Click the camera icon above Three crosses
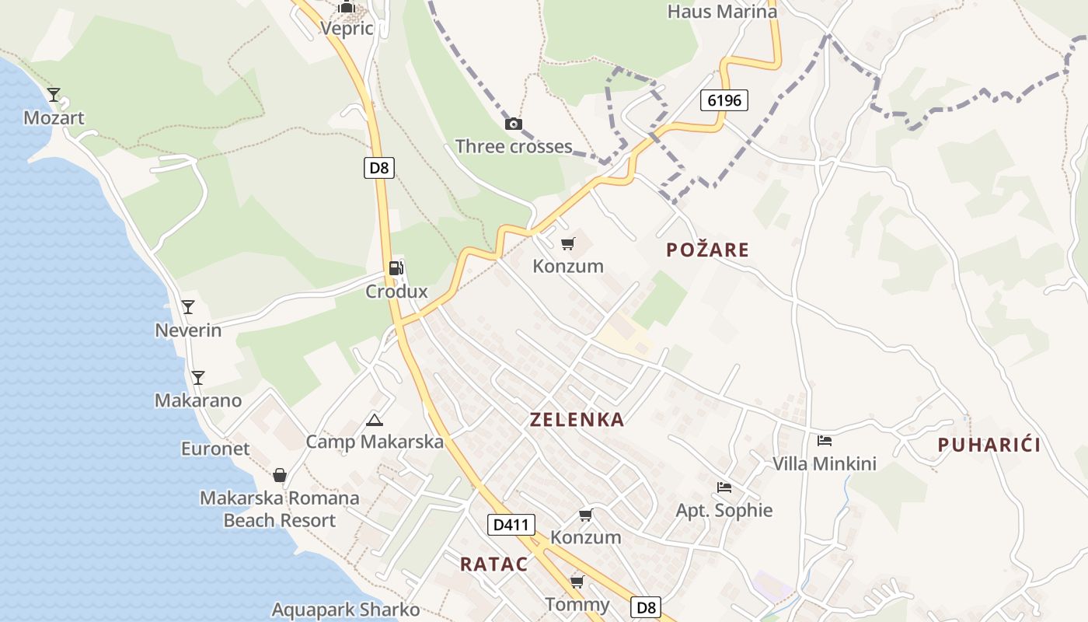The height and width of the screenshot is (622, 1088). [513, 124]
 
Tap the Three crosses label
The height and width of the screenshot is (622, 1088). [514, 146]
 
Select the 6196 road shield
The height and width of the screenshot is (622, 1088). [724, 100]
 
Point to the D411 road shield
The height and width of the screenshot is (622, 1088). [511, 525]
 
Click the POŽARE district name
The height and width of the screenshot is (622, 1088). [708, 250]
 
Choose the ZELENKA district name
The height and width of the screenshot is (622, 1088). [577, 420]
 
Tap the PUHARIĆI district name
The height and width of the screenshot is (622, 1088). [989, 445]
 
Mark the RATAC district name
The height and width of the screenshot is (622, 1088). [493, 564]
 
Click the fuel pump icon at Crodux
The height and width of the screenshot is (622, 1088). [396, 268]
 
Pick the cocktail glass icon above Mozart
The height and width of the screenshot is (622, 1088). [54, 95]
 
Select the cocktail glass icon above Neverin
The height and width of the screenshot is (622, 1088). [187, 306]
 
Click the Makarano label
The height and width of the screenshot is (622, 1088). [198, 400]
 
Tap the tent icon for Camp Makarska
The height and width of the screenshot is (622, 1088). [375, 421]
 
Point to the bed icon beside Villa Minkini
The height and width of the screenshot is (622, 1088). [825, 441]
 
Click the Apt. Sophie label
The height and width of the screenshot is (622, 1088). [724, 510]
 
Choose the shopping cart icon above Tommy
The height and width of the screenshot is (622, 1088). [577, 582]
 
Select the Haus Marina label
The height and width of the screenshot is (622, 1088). [722, 12]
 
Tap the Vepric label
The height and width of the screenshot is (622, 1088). [347, 29]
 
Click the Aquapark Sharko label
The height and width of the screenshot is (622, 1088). [346, 610]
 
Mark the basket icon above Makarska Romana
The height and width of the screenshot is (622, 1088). [280, 474]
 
